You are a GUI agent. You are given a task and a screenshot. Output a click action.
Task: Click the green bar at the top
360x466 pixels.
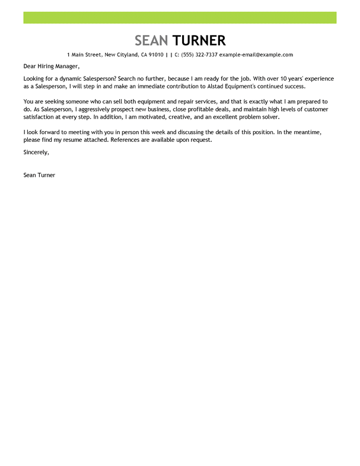(x=180, y=17)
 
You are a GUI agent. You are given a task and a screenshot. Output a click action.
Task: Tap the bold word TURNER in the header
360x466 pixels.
(x=199, y=40)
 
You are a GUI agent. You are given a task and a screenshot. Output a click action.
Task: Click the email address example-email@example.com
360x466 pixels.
(x=256, y=55)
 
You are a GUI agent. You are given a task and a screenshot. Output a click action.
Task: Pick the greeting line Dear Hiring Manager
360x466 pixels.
(x=51, y=66)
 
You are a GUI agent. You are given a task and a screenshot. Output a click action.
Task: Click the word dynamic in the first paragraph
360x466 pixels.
(x=78, y=78)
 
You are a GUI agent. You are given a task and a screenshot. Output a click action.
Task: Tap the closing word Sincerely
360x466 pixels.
(x=36, y=152)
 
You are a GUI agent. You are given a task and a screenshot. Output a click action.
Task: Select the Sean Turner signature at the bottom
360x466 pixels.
(x=39, y=175)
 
